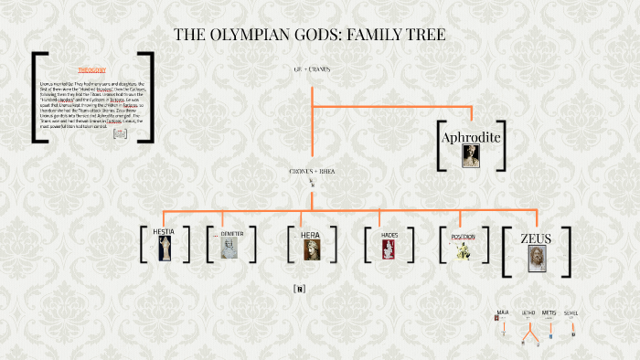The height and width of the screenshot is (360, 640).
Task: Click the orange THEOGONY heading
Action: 91,69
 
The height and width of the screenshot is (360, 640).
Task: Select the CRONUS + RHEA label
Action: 311,171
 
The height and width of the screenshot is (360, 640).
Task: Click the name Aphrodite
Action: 471,138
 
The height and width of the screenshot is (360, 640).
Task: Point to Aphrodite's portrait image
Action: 471,157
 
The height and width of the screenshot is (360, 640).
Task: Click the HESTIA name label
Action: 165,233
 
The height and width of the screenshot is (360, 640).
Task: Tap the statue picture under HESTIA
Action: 165,249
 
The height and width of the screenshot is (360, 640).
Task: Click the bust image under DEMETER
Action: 229,249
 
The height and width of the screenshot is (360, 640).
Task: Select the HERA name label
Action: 311,235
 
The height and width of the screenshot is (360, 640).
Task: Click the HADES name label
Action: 390,235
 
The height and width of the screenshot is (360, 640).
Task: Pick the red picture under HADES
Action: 390,249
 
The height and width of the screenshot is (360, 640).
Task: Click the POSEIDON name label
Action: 463,236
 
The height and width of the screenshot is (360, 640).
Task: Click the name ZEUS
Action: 536,238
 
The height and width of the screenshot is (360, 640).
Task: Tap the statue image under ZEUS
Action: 536,259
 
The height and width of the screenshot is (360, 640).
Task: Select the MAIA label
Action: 502,312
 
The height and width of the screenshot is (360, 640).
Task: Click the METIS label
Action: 549,312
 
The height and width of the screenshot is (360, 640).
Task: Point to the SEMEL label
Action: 571,313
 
